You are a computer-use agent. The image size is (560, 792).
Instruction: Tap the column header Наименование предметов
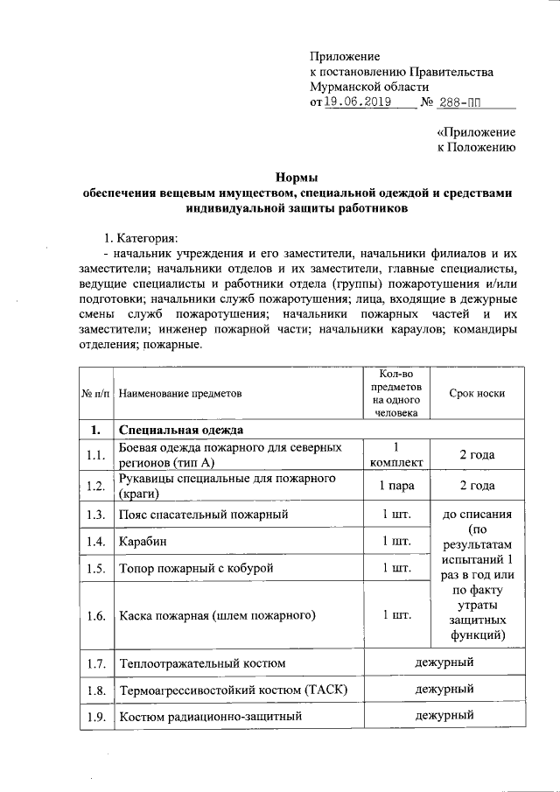[179, 393]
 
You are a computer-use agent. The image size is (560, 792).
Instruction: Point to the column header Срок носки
[477, 393]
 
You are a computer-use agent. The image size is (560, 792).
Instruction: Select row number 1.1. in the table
[96, 454]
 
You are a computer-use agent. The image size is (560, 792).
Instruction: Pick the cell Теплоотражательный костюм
[202, 663]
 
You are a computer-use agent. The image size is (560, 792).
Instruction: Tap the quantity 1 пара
[396, 485]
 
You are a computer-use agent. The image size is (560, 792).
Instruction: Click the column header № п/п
[96, 393]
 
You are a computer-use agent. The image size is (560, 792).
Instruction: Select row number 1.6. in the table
[96, 615]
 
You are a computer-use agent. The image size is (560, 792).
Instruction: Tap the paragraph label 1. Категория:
[140, 237]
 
